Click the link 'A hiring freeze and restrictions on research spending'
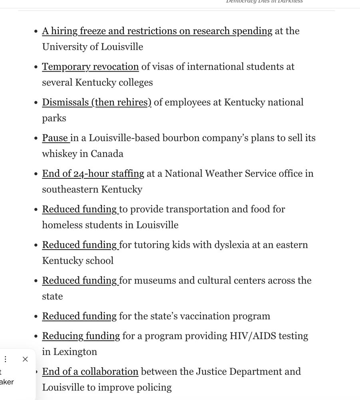[157, 31]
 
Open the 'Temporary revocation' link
[90, 67]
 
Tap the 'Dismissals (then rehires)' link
[97, 102]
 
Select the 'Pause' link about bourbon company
[56, 138]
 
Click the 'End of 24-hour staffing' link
[93, 174]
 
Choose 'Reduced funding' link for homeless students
[80, 209]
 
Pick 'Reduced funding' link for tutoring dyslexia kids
[80, 245]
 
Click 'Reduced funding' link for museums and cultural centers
[80, 280]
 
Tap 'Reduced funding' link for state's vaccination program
[80, 316]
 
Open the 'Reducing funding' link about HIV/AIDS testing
[81, 336]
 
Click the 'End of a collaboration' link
[90, 372]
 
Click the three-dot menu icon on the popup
[6, 359]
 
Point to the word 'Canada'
[107, 154]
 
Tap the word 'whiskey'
[59, 154]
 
